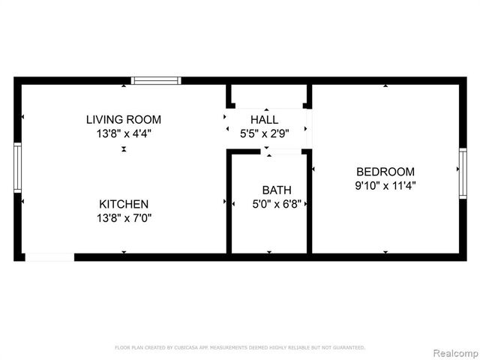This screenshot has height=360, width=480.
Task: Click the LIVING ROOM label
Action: coord(123,119)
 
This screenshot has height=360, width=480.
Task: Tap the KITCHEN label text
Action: coord(124,204)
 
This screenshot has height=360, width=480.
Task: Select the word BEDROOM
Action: coord(385,171)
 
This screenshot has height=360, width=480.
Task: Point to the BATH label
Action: coord(277,190)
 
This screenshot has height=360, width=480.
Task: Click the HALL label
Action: coord(264,119)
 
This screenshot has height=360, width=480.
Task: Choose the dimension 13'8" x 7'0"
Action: coord(124,218)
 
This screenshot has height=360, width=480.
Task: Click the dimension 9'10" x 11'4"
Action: coord(385,185)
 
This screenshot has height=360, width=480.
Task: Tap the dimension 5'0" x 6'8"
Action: coord(277,203)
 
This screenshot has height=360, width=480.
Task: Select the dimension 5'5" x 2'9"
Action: coord(264,133)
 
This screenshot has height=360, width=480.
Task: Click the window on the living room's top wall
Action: coord(156,80)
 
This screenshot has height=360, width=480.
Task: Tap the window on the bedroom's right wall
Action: coord(463,173)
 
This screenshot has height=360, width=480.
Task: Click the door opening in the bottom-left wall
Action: coord(49,257)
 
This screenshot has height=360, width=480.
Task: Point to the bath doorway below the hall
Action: coord(285,151)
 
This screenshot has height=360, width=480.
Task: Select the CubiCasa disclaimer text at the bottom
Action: coord(239,347)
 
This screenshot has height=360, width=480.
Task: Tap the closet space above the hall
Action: coord(268,95)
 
